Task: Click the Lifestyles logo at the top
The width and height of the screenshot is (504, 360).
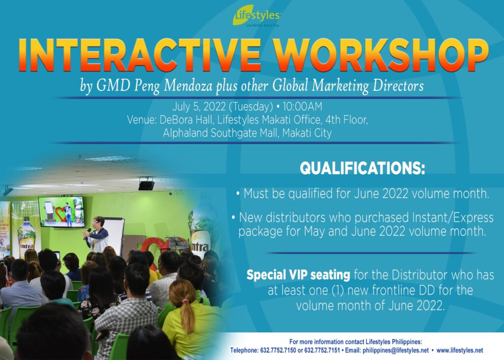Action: coord(257,16)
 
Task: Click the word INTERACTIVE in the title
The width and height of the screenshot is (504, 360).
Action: coord(139,55)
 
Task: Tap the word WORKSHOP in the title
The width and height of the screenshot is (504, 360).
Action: coord(381,55)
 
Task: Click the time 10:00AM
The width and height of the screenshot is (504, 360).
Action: coord(303,106)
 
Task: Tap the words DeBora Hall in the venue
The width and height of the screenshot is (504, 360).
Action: coord(186,120)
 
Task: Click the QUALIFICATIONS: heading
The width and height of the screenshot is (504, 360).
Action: coord(362,168)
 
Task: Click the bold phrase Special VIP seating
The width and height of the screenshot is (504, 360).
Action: coord(298,275)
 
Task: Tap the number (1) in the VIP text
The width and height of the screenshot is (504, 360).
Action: coord(338,290)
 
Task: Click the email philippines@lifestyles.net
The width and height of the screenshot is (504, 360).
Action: coord(396,350)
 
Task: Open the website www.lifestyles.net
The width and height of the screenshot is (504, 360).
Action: coord(460,350)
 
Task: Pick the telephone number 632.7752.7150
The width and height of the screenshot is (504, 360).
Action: coord(278,350)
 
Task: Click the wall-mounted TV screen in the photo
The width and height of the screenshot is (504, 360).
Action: coord(62,212)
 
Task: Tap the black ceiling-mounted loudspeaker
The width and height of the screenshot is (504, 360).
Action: coord(146,185)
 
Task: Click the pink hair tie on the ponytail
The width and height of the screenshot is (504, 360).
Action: coord(185,301)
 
